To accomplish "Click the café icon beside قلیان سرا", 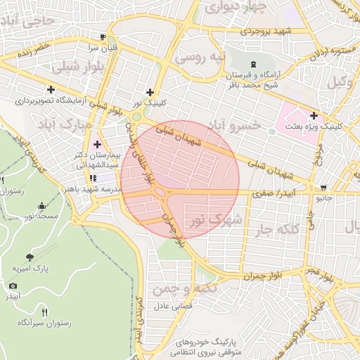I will (x=103, y=37).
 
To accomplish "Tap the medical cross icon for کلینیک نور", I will (x=149, y=91).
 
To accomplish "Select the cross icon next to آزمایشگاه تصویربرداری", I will (x=51, y=89).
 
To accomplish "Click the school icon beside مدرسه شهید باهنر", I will (x=94, y=177).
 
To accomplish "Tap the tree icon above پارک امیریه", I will (x=29, y=257).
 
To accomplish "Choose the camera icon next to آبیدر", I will (x=13, y=285).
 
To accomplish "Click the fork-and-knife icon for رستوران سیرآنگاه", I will (x=45, y=311).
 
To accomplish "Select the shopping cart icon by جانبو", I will (x=323, y=188).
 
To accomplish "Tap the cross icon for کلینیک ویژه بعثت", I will (x=314, y=115).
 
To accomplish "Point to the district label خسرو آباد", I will (x=237, y=125).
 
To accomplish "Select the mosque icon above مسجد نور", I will (x=43, y=206).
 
